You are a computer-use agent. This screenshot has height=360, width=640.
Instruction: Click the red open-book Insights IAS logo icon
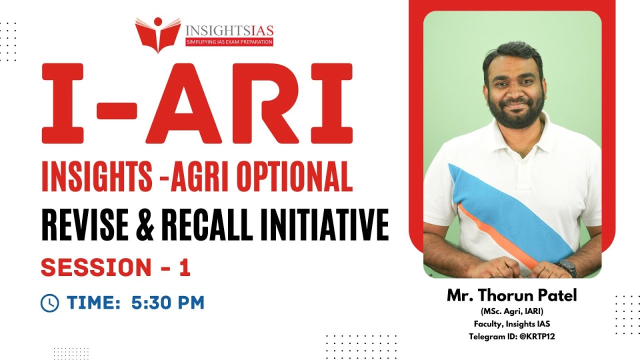tap(157, 34)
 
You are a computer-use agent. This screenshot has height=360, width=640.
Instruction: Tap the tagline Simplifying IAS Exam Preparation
tap(229, 42)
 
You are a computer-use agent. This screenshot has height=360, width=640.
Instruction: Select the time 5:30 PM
tap(168, 302)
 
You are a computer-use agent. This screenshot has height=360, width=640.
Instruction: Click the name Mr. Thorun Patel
tap(512, 295)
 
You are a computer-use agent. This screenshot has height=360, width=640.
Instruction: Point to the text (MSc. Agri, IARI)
tap(512, 312)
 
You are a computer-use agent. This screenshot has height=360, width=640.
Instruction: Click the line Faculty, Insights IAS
tap(512, 324)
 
